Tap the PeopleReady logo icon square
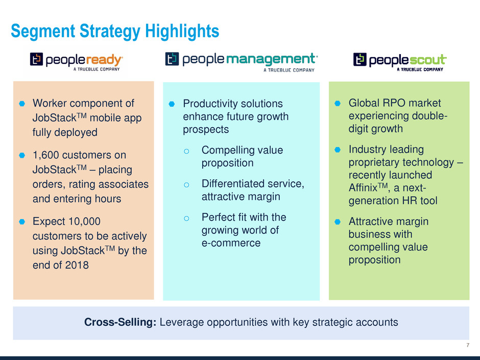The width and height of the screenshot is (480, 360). click(x=36, y=59)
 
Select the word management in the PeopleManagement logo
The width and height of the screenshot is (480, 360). click(x=272, y=59)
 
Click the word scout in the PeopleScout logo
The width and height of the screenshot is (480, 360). click(x=427, y=60)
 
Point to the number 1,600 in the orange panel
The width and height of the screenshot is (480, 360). click(x=46, y=155)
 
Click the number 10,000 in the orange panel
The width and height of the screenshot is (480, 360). click(x=84, y=221)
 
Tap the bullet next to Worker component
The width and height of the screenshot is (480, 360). click(x=22, y=104)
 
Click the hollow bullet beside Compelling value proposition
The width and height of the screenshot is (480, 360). click(x=186, y=151)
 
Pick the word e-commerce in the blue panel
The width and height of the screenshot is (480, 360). click(x=231, y=243)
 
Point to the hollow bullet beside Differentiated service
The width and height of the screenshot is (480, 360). click(x=186, y=185)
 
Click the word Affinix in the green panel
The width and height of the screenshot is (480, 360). click(x=363, y=187)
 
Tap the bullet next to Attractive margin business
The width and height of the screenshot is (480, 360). click(x=338, y=222)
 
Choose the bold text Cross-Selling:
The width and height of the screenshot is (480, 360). click(x=121, y=322)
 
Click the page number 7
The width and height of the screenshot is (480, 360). click(x=468, y=345)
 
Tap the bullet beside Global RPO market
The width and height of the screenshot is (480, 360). click(x=338, y=104)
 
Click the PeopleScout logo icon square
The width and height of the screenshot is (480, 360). click(x=359, y=59)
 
